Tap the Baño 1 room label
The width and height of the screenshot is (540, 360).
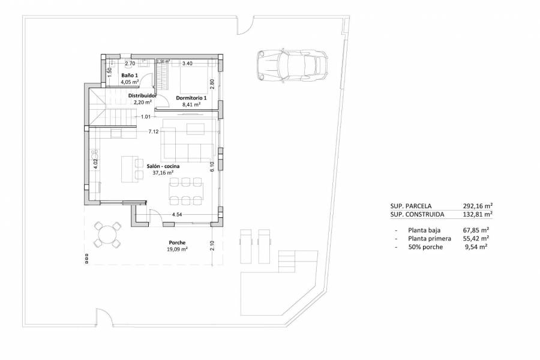coord(129,75)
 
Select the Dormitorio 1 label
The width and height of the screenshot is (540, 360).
coord(191,98)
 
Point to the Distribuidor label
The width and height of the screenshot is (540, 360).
coord(143,95)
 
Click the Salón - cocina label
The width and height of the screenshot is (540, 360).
coord(163,166)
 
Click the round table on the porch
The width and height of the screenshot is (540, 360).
coord(109,235)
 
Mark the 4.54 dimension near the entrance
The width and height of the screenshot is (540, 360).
coord(178,214)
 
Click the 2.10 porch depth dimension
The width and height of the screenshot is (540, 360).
coord(212,245)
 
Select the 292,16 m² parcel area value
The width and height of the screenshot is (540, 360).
coord(478,205)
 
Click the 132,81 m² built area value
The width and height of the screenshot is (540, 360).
coord(478,214)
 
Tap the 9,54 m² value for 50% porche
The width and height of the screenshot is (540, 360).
coord(475,247)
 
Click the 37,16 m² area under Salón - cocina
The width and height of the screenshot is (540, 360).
coord(163,173)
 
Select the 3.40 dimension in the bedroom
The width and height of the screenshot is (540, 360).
coord(187,63)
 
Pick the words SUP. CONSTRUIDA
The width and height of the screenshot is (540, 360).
coord(418,214)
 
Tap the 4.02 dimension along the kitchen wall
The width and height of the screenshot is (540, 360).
coord(95,160)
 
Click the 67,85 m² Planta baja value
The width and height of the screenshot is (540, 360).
coord(475,230)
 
